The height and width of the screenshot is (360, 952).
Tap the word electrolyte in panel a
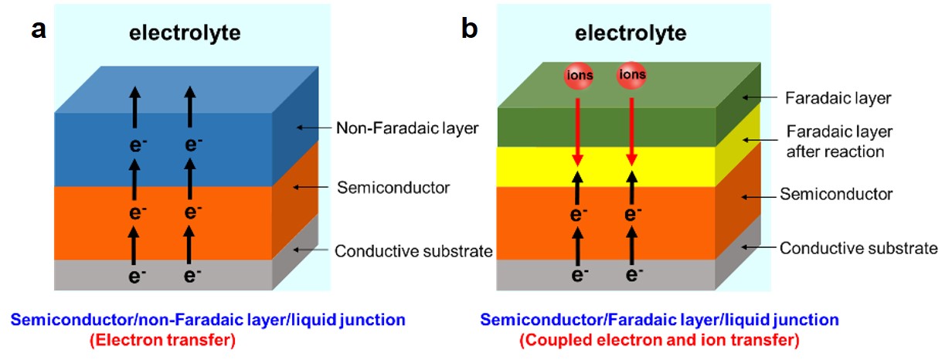tap(185, 33)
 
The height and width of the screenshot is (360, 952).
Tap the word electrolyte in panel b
tap(631, 33)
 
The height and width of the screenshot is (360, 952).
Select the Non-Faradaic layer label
tap(408, 128)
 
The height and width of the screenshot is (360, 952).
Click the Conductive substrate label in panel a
tap(413, 250)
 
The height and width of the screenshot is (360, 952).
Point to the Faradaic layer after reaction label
tap(835, 141)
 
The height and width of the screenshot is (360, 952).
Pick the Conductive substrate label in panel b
tap(858, 248)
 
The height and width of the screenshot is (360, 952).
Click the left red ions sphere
tap(576, 75)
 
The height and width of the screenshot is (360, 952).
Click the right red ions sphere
tap(631, 75)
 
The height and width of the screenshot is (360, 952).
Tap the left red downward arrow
tap(576, 124)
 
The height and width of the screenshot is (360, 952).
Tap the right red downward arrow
tap(631, 124)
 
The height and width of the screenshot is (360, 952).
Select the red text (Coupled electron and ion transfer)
tap(659, 339)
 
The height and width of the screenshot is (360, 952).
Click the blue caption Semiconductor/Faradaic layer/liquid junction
tap(659, 320)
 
